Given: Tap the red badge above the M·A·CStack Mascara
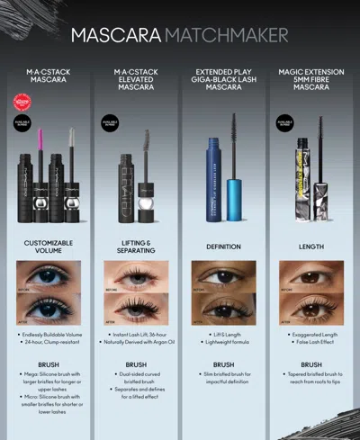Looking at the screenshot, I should pos(22,104).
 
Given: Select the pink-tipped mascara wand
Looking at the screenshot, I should pos(40,148).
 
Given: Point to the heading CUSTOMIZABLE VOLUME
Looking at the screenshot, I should pos(49,247).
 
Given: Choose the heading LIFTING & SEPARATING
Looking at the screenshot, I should pos(136,247).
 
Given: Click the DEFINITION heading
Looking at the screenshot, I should pos(223,243).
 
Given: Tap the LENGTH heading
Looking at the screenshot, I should pos(311,243).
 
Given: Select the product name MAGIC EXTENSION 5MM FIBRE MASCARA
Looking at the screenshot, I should pos(311,79).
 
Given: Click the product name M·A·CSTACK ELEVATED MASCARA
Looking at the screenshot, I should pos(136,79).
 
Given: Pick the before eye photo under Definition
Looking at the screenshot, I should pos(223,279).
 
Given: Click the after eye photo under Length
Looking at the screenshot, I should pos(311,310).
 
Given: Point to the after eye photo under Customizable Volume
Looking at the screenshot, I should pos(49,310).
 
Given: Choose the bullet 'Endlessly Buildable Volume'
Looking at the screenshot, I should pos(50,334).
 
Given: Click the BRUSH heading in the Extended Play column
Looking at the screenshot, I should pos(223,364).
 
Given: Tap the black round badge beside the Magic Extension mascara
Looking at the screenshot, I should pos(285,120).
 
